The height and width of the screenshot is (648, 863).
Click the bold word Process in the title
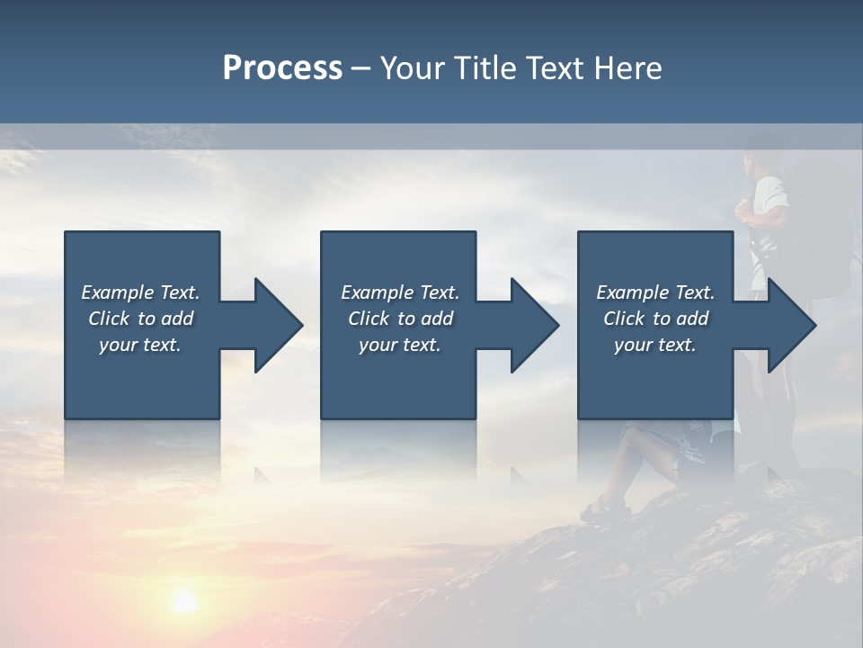(282, 68)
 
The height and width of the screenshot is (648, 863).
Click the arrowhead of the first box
(279, 325)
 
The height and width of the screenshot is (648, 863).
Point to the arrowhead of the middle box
(536, 325)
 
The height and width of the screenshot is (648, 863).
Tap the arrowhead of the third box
(792, 325)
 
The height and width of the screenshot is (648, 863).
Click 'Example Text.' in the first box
(140, 292)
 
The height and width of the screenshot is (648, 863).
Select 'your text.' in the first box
(140, 345)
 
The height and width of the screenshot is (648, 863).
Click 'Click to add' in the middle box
(400, 319)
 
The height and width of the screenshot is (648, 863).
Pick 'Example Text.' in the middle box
(400, 292)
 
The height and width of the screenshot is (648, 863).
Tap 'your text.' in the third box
(655, 345)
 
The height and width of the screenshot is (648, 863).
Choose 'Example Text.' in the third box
(655, 292)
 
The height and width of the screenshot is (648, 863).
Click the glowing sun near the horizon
(184, 601)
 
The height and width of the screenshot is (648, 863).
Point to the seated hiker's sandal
(596, 511)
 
